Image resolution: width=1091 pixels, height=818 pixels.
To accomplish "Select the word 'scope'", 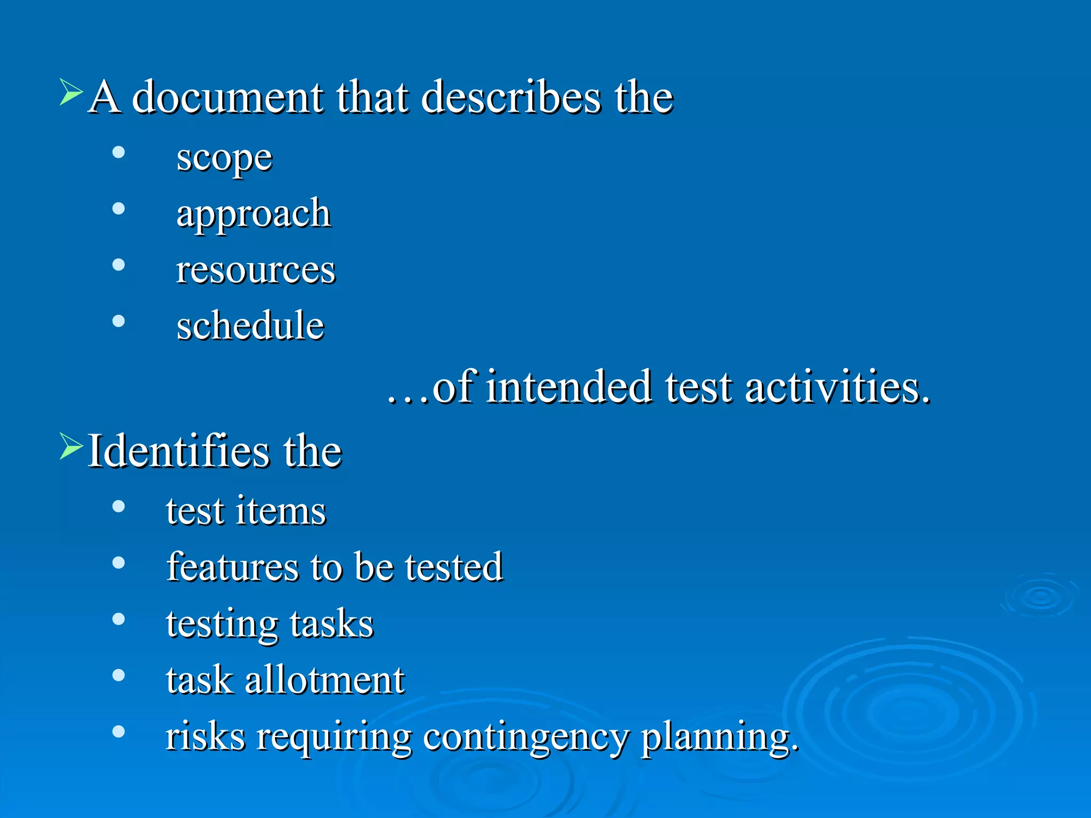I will (x=224, y=159).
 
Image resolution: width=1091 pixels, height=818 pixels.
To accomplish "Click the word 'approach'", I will (x=254, y=215).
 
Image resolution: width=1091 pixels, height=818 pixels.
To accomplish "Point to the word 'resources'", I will (x=256, y=270).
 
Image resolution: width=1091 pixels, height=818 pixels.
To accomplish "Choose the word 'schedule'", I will (x=250, y=325).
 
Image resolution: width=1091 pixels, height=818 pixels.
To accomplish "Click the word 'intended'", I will (x=569, y=387).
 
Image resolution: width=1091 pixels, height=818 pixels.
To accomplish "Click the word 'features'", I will (x=232, y=567).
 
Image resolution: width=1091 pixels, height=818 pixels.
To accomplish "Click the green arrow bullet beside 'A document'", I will (x=71, y=92).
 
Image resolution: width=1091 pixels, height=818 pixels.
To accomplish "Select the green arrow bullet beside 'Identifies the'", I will (x=71, y=446).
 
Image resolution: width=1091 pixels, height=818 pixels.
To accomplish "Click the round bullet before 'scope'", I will (x=119, y=153).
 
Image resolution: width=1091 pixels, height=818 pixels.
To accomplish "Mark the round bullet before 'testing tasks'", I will (x=119, y=619).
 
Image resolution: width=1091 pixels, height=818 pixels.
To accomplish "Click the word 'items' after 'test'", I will (x=280, y=511).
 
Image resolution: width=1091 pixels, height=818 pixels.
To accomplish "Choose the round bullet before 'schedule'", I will (x=119, y=321).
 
